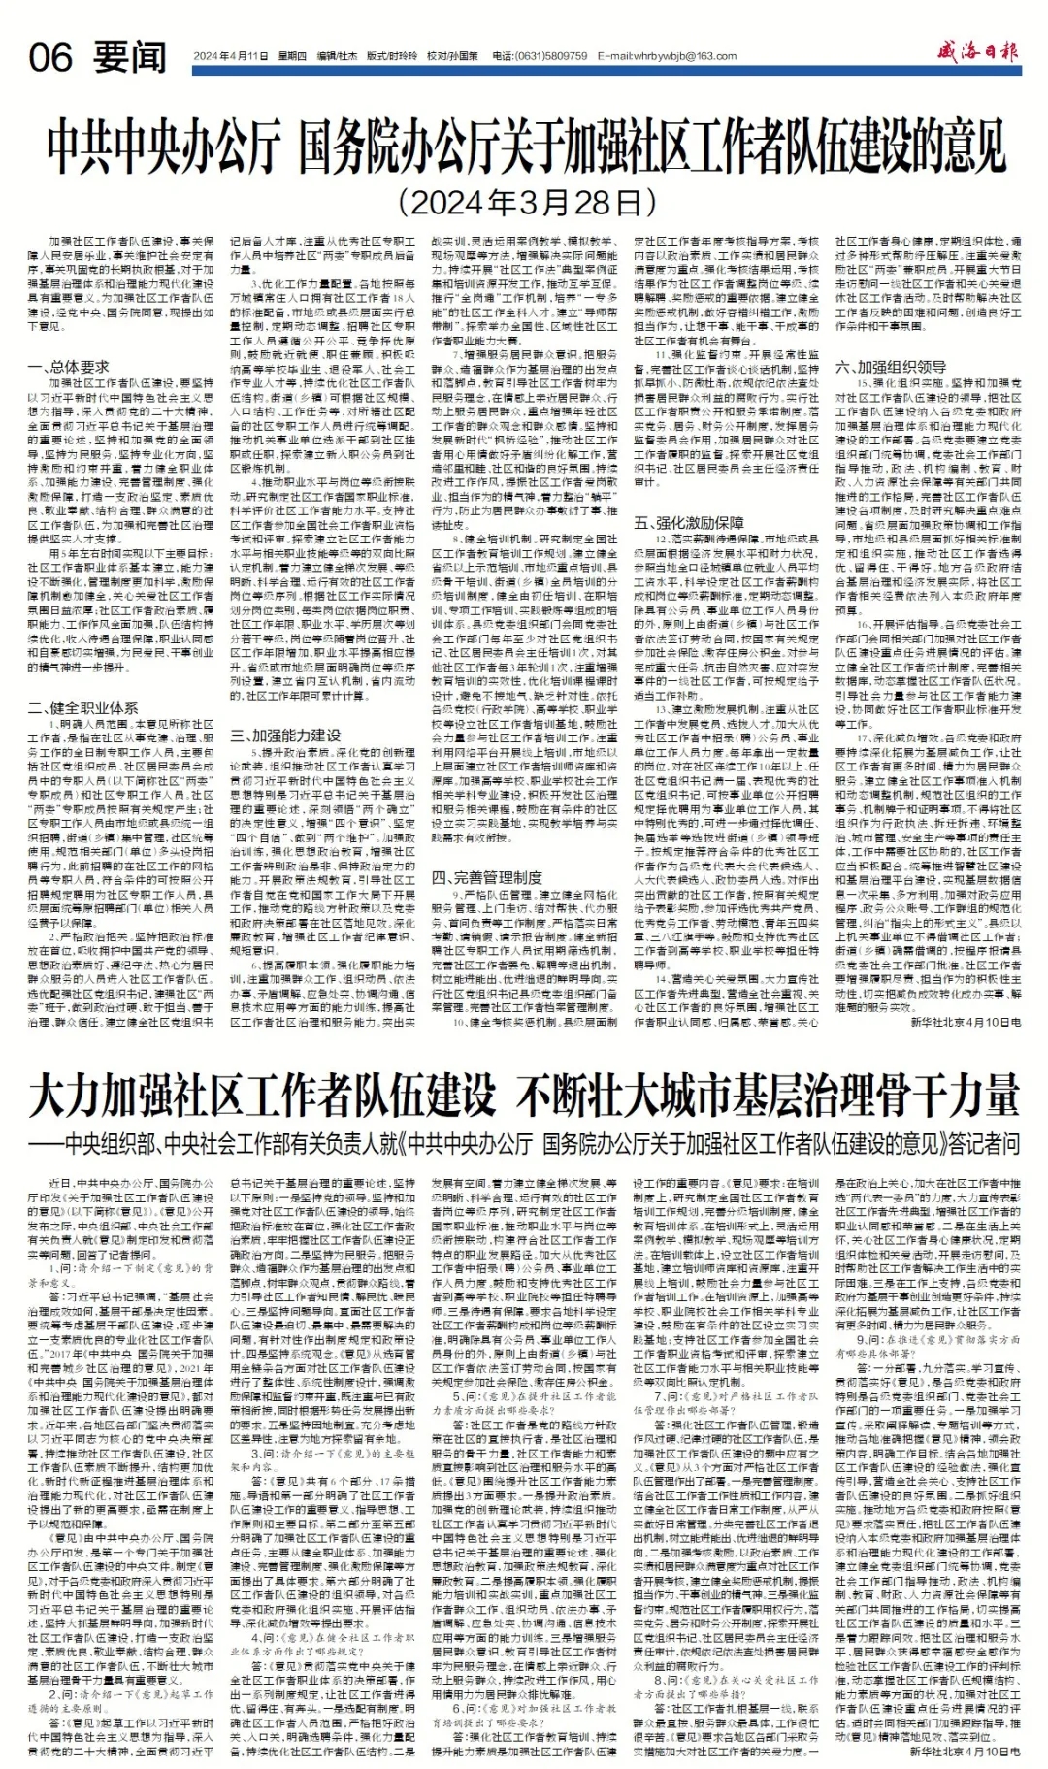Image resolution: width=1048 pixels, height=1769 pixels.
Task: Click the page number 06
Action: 50,58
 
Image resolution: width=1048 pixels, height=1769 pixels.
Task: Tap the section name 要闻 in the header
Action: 131,58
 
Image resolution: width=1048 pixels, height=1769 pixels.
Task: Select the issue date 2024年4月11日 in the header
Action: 230,56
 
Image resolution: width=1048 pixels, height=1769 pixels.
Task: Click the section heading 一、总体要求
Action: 69,368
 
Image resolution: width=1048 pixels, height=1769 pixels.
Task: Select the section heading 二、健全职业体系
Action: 83,708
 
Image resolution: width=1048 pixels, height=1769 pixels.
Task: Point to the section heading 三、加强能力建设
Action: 285,736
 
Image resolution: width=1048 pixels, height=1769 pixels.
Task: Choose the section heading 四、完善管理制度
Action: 487,877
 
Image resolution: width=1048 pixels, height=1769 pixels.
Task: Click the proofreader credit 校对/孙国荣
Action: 453,56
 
